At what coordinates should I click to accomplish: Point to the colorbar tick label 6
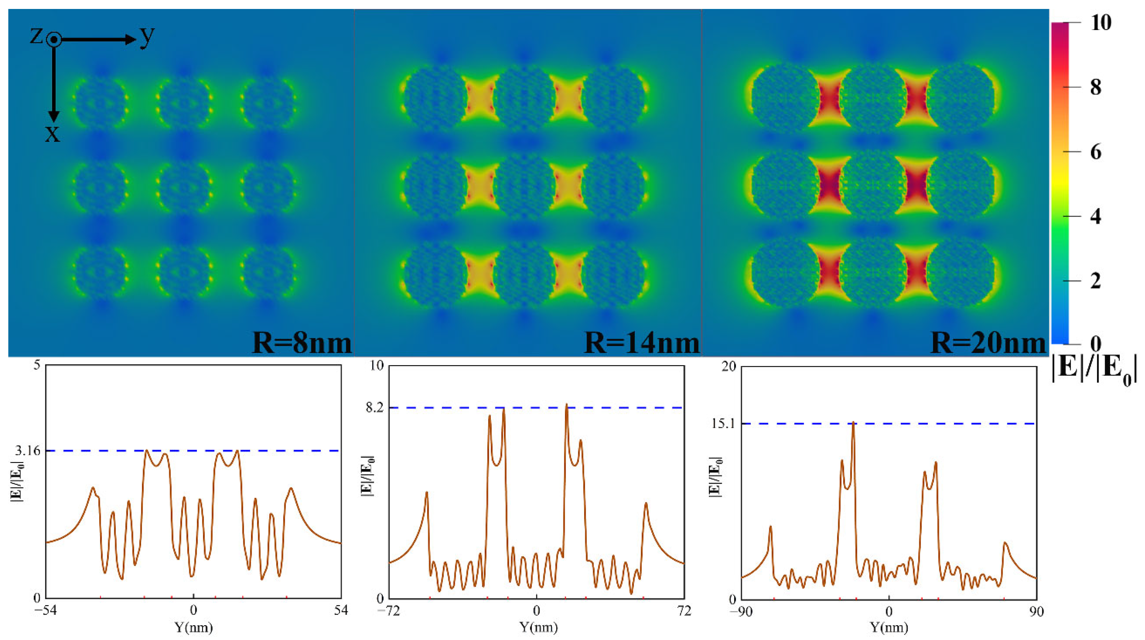(x=1096, y=152)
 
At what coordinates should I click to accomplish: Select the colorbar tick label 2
(x=1096, y=281)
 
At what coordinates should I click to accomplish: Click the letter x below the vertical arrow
(x=52, y=133)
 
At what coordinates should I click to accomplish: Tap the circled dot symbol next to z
(x=54, y=40)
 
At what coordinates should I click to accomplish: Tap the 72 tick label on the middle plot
(x=685, y=611)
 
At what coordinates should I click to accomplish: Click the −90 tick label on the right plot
(x=741, y=612)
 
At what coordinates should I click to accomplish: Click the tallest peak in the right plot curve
(x=853, y=422)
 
